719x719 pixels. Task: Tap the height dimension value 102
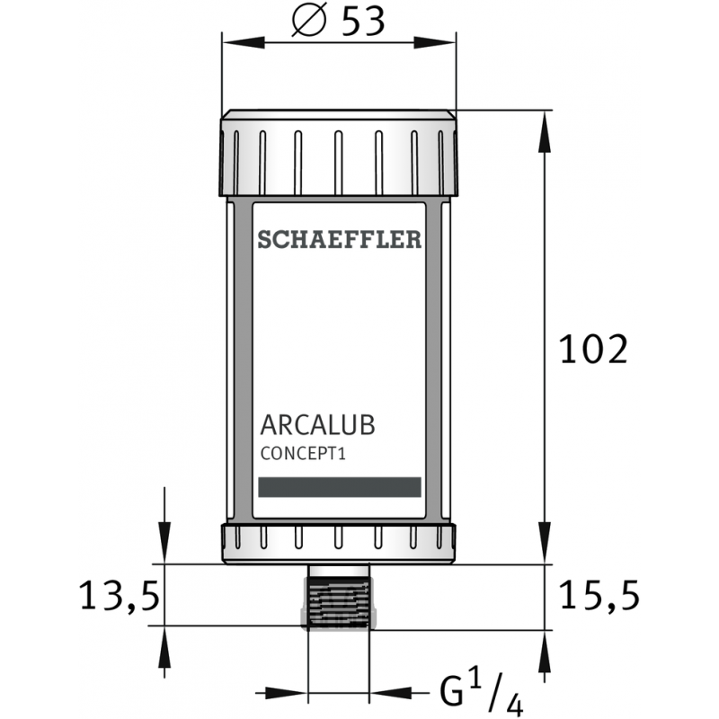591,350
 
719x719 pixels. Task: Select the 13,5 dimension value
120,595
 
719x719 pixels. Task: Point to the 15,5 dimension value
599,595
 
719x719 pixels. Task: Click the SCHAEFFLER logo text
339,239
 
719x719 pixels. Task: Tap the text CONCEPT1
303,454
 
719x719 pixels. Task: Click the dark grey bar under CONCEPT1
339,486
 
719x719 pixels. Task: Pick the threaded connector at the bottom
339,597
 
